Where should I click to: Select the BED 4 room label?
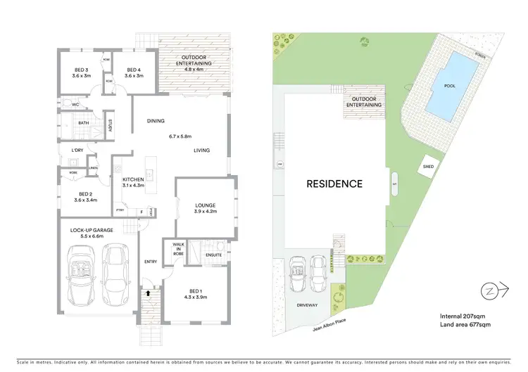(x=134, y=70)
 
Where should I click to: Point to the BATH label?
(x=83, y=123)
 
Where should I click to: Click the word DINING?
(x=156, y=121)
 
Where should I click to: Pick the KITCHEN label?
(x=133, y=180)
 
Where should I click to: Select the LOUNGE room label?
(x=206, y=205)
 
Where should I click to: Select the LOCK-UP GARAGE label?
(x=88, y=230)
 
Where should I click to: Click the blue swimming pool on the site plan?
(x=451, y=86)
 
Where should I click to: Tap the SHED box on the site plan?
(x=427, y=167)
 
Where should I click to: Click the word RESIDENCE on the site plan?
(x=334, y=184)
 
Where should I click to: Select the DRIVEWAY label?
(x=307, y=305)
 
